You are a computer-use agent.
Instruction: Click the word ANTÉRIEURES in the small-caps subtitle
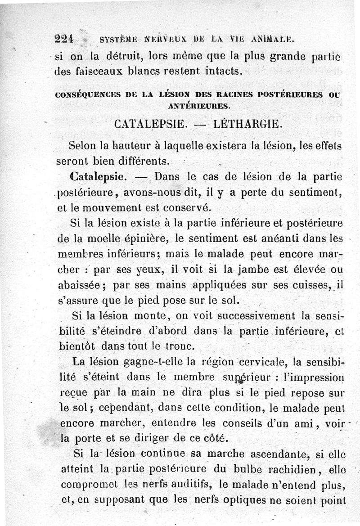[198, 107]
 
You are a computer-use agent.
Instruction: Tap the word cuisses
[308, 285]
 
